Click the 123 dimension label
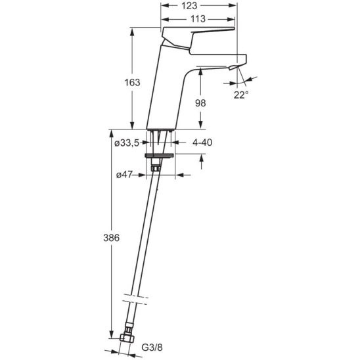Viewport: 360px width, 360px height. pyautogui.click(x=189, y=6)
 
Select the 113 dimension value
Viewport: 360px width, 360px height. pyautogui.click(x=198, y=19)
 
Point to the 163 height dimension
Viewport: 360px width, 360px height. pyautogui.click(x=132, y=82)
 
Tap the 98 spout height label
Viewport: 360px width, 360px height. pyautogui.click(x=200, y=103)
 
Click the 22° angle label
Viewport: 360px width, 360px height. pyautogui.click(x=241, y=95)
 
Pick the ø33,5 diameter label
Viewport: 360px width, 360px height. pyautogui.click(x=127, y=143)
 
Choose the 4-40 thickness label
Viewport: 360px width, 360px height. pyautogui.click(x=202, y=143)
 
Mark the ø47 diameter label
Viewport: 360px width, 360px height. pyautogui.click(x=124, y=175)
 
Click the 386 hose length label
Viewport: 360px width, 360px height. pyautogui.click(x=112, y=238)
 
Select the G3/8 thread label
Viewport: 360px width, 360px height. pyautogui.click(x=152, y=348)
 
